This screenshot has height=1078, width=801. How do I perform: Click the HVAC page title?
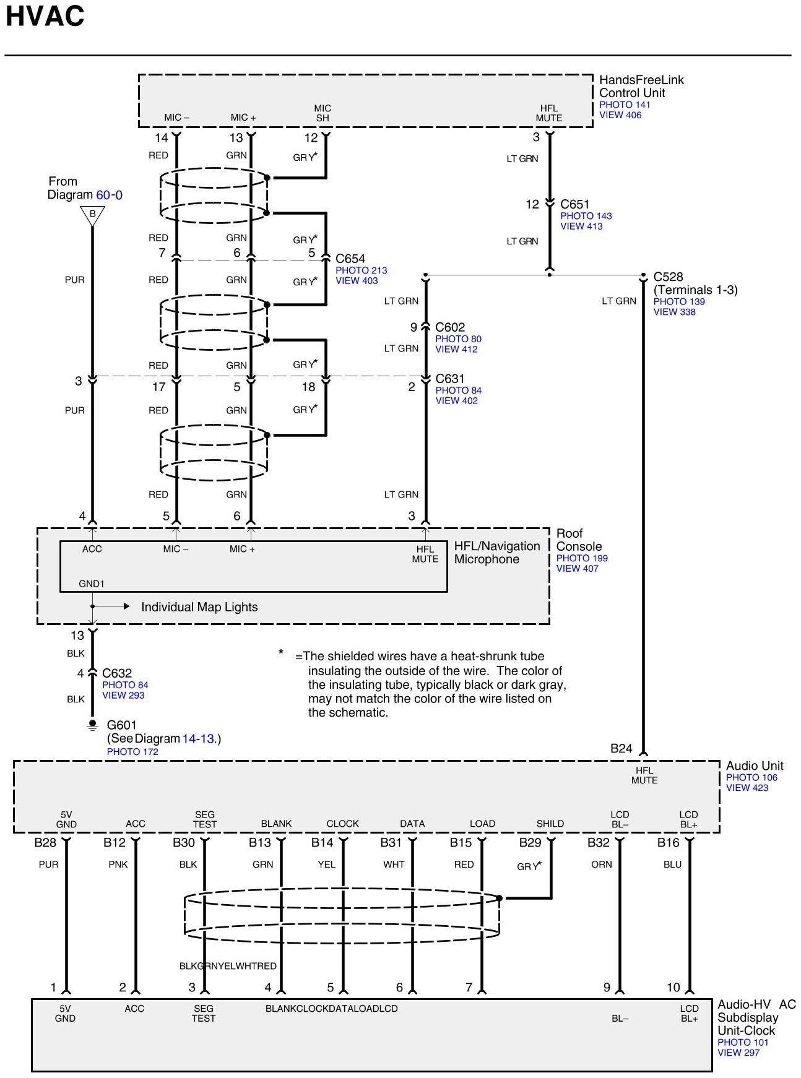(45, 17)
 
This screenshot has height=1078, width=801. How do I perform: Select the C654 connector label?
(350, 259)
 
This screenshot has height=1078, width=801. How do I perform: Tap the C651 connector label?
(574, 204)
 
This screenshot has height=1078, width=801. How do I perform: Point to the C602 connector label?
(450, 327)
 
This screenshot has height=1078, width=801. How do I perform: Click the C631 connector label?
(450, 379)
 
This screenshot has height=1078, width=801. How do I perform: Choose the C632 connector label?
(117, 673)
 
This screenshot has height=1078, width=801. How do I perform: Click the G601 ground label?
(122, 725)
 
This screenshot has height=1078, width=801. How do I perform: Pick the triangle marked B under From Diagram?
(92, 215)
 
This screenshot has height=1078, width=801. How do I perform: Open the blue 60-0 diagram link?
(109, 195)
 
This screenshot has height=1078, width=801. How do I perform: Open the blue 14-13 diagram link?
(197, 738)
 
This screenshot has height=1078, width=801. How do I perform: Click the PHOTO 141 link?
(625, 105)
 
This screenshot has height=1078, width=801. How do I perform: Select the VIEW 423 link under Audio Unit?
(747, 788)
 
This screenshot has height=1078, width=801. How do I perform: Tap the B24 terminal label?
(621, 749)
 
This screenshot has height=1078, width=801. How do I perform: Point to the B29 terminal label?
(530, 843)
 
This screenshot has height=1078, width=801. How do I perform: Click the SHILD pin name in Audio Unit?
(550, 824)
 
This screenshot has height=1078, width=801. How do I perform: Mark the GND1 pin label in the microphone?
(92, 584)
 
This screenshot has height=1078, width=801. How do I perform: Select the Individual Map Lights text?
(199, 607)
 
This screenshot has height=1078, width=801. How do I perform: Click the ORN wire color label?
(601, 865)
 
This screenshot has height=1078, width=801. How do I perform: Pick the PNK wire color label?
(118, 865)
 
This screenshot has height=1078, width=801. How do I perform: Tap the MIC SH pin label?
(323, 113)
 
